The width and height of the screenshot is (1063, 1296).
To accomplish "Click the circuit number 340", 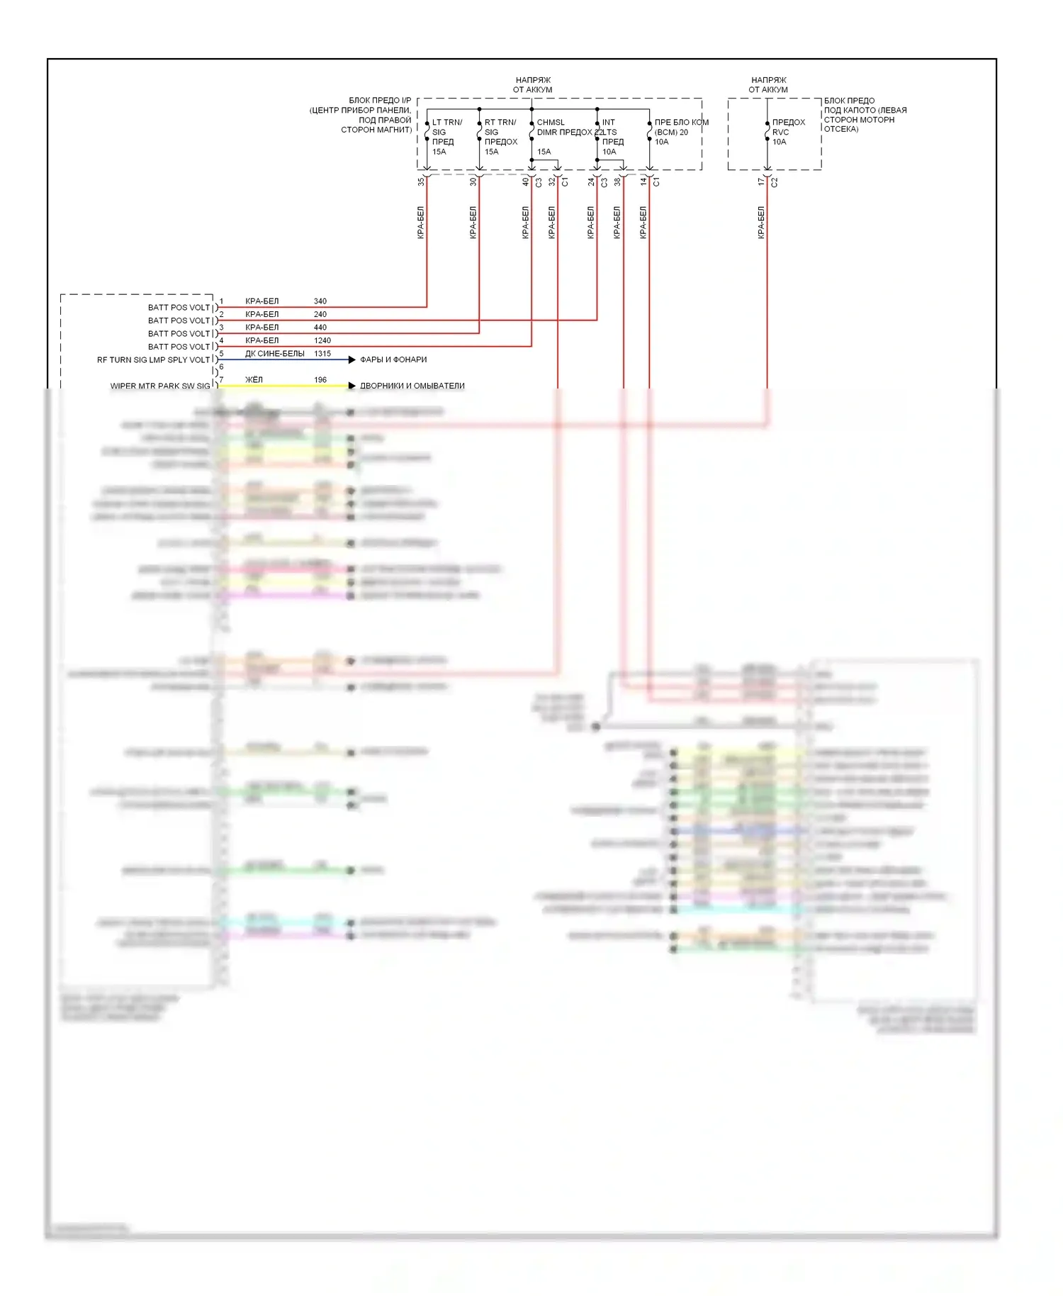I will [320, 301].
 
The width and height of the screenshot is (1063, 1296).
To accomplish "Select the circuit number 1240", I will [322, 340].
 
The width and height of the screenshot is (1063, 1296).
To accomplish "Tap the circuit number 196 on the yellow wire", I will [320, 380].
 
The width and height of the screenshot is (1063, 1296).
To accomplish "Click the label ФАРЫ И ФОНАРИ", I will [393, 359].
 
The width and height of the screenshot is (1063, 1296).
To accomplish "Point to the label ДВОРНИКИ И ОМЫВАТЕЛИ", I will [412, 386].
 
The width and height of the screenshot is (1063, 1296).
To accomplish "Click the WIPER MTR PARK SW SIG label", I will [160, 386].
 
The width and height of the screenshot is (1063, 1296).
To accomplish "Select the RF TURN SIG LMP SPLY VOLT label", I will [153, 360].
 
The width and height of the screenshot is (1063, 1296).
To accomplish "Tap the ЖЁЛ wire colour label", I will [254, 380].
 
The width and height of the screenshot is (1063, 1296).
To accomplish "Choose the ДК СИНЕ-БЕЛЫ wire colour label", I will [275, 354].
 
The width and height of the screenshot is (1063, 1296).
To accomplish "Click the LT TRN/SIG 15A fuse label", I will [446, 137].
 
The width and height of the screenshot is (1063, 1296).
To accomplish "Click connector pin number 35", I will [421, 181].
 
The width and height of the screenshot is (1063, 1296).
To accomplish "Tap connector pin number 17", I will [761, 181].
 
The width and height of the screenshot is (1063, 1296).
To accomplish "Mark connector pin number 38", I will [617, 181].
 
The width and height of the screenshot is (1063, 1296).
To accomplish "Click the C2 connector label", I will [775, 182].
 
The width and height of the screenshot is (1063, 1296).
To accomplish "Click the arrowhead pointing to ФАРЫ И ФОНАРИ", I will [351, 360].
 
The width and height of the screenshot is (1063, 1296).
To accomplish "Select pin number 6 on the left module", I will [221, 367].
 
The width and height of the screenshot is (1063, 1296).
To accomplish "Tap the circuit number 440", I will [320, 328].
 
